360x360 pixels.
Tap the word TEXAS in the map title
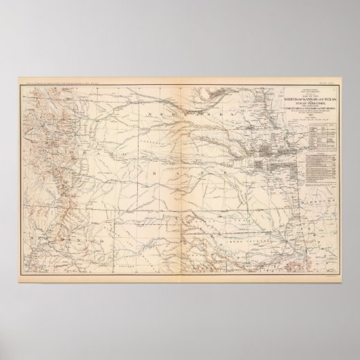(x=330, y=100)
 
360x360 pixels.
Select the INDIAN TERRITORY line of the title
(x=314, y=104)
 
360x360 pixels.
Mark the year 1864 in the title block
(x=314, y=115)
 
